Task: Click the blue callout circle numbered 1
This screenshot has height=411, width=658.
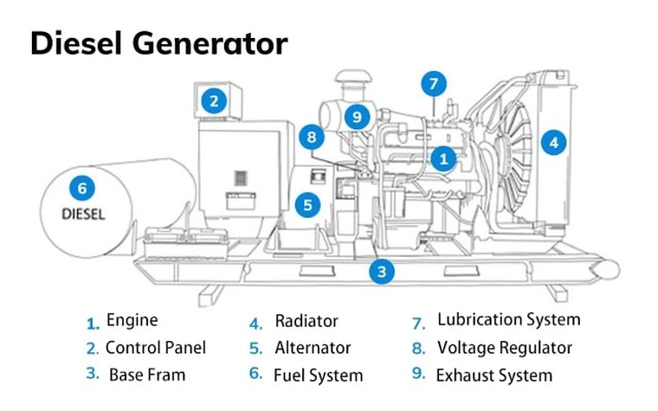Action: point(443,158)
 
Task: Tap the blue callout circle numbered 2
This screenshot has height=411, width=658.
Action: point(215,100)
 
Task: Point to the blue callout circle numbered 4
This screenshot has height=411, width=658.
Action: point(553,143)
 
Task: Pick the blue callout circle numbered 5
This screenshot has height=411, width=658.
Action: point(307,204)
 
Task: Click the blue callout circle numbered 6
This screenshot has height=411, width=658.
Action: point(82,187)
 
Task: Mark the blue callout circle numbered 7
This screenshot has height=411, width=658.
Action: point(435,85)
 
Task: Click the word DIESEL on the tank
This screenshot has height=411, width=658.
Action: point(82,214)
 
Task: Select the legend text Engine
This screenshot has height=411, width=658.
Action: point(132,320)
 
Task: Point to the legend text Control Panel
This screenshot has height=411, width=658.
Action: point(156,348)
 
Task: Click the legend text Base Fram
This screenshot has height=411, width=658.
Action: point(147,376)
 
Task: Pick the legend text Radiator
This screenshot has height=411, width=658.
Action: point(306,321)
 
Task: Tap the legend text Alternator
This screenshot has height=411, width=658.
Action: point(313,348)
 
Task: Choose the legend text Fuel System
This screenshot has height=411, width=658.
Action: point(318,376)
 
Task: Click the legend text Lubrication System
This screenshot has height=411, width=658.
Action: point(508,320)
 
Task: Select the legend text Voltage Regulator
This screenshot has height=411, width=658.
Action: point(505,348)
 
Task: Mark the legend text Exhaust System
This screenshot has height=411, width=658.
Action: point(493,376)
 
